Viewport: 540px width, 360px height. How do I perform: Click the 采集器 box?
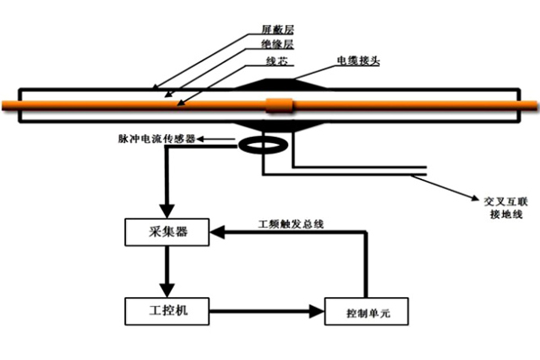click(166, 233)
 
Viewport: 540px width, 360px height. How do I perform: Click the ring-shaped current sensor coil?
click(258, 144)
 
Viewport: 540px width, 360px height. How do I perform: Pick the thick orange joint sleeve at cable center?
click(281, 105)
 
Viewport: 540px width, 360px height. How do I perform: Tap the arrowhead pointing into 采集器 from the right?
click(217, 233)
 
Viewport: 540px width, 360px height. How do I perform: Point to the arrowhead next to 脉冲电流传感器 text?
click(202, 139)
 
